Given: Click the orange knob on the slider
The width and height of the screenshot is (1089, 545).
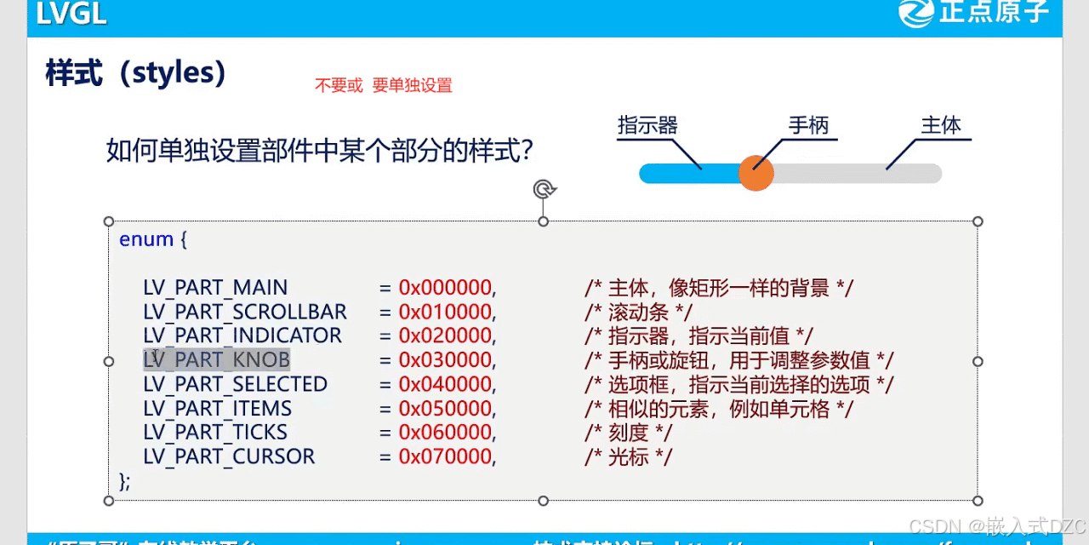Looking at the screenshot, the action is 755,173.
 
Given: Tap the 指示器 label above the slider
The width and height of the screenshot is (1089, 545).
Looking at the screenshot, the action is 647,126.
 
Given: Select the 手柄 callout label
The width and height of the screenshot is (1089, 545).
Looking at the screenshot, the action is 808,126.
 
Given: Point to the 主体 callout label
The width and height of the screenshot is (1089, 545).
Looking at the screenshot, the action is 941,126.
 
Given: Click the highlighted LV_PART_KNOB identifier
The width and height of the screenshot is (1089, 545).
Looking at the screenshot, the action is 216,360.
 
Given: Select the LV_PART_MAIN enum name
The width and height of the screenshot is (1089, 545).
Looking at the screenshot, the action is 215,288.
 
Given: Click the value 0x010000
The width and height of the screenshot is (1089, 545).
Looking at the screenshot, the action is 447,312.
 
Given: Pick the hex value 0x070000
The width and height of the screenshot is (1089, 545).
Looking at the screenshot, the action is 447,456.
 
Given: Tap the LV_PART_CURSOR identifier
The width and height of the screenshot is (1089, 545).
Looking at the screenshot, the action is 229,456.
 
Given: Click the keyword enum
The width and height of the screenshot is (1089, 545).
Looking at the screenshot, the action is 146,239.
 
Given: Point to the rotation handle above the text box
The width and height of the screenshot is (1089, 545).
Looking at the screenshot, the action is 544,188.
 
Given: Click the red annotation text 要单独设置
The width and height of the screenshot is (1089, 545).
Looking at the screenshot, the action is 412,85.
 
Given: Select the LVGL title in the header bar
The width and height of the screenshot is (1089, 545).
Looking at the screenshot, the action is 71,14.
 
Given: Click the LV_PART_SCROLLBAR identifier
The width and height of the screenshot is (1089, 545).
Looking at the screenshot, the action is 245,312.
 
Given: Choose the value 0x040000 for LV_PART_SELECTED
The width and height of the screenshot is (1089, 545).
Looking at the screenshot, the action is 447,384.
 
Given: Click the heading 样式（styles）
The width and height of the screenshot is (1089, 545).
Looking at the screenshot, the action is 135,74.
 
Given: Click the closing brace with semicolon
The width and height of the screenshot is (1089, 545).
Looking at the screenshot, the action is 125,481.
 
